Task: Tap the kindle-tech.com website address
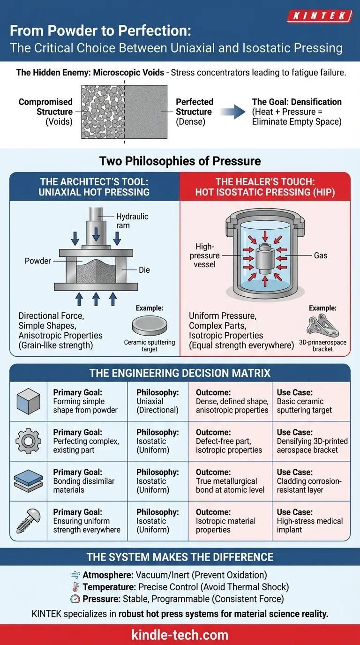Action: pos(180,635)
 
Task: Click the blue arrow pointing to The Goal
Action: pos(233,112)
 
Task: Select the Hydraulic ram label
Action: pos(132,221)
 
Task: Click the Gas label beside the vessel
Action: pos(321,255)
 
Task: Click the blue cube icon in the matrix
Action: pos(29,401)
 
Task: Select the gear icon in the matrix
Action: pos(29,441)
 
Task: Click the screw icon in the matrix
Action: pos(28,521)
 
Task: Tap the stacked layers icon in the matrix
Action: pos(29,481)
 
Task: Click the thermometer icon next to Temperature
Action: pos(75,587)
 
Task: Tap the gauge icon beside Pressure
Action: pos(75,599)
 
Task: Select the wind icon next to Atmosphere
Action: pos(75,575)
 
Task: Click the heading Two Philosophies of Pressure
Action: pos(180,161)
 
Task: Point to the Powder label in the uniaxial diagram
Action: pos(38,261)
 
